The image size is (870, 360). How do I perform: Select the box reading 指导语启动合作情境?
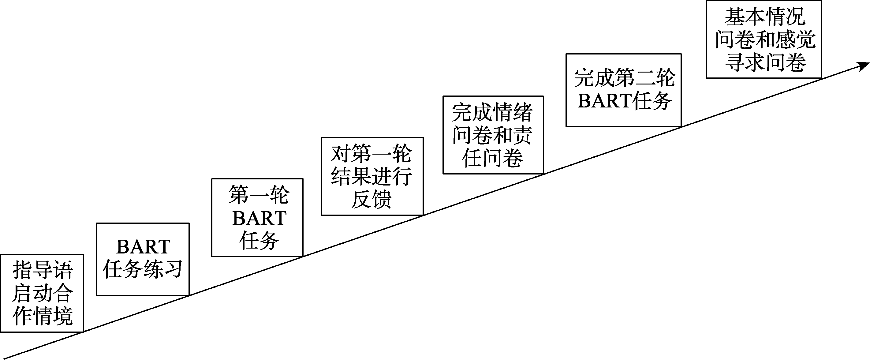tap(42, 293)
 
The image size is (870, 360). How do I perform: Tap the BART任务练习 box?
tap(143, 259)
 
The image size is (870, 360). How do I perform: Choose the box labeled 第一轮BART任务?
tap(257, 217)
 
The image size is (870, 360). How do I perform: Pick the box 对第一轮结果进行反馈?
tap(372, 176)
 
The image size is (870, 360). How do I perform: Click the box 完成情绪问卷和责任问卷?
tap(493, 135)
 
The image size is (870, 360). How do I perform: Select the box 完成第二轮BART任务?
tap(623, 90)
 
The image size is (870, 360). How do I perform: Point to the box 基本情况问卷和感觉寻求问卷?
tap(763, 39)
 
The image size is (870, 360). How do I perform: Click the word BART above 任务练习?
tap(143, 247)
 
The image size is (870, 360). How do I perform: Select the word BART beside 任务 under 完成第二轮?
tap(605, 101)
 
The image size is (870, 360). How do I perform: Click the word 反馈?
tap(371, 199)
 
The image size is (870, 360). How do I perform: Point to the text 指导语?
tap(43, 270)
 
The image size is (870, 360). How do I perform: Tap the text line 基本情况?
tap(765, 17)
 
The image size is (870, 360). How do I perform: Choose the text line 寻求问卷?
tap(765, 62)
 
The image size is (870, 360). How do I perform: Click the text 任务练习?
tap(143, 269)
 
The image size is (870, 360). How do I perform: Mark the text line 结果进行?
tap(372, 176)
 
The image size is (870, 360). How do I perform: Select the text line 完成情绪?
tap(492, 112)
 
